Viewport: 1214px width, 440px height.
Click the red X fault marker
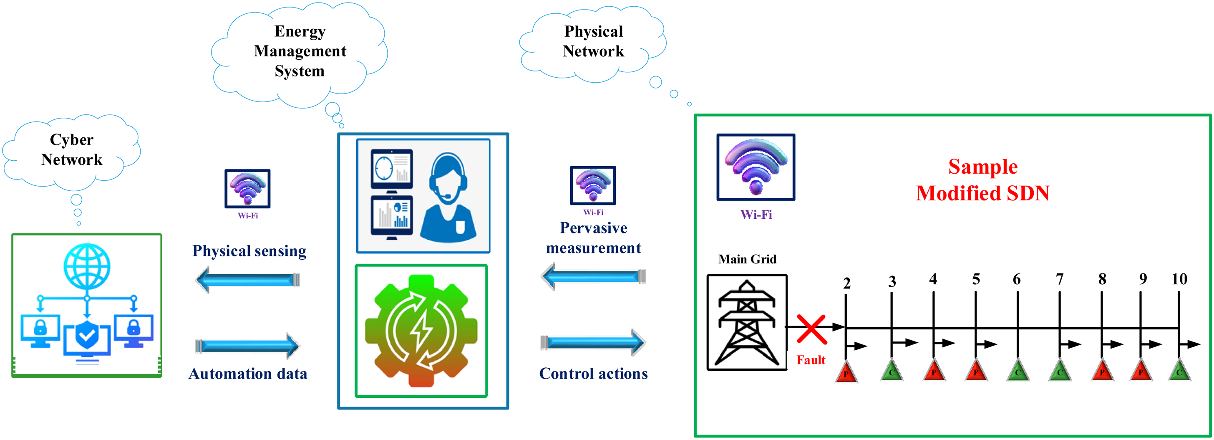811,329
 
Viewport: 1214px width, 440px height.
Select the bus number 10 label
1179,279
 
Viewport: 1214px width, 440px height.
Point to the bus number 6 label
1017,279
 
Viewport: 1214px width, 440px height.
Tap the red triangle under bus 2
846,372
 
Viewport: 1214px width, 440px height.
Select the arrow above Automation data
247,346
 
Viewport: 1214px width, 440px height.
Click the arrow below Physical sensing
247,280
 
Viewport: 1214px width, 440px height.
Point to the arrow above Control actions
593,342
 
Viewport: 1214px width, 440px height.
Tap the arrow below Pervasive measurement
593,276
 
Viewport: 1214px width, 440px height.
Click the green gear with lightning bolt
421,331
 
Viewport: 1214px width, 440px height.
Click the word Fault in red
811,360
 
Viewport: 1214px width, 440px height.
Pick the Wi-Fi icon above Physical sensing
247,189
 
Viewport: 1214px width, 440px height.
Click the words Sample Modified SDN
982,180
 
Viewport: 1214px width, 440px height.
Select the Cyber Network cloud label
72,149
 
